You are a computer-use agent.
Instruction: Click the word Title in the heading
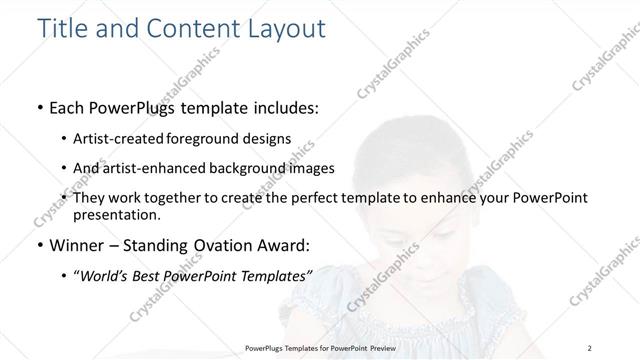tap(61, 28)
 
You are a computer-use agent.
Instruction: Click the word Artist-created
tap(120, 138)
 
